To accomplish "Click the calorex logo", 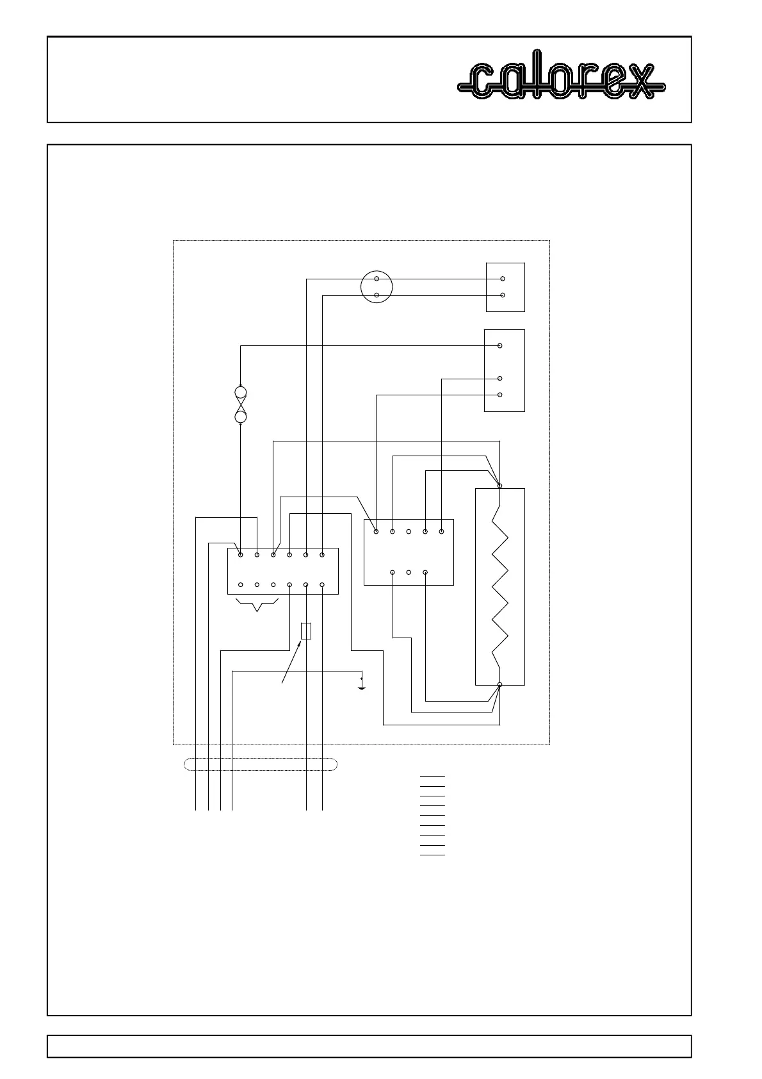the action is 562,80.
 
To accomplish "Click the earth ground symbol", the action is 362,686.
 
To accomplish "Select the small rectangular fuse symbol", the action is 306,630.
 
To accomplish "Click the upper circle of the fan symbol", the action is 241,393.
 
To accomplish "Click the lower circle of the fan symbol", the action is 241,417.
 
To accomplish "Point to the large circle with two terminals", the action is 377,287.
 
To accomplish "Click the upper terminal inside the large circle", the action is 377,279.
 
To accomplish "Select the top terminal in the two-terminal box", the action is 503,279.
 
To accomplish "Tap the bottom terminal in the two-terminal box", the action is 503,295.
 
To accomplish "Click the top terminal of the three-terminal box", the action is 500,346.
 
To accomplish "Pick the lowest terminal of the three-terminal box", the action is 500,395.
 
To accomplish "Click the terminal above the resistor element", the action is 500,486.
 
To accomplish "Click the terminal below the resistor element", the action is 500,685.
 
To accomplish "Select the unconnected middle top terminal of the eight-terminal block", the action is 409,531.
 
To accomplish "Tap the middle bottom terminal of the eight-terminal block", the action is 409,572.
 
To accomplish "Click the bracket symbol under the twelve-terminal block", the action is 257,605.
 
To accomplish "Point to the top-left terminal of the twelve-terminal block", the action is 241,555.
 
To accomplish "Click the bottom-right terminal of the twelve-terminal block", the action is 322,584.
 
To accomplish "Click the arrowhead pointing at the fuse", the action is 299,643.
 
